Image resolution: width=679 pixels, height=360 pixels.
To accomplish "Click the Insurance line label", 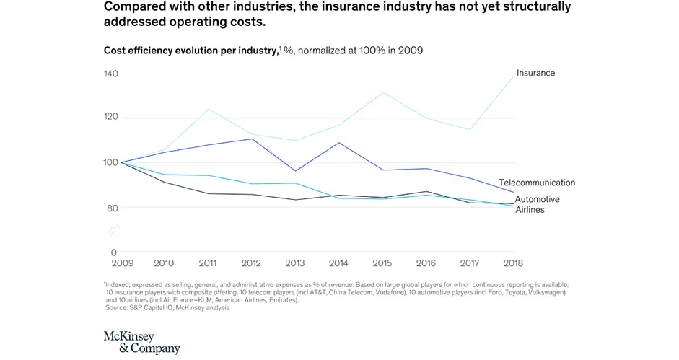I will point(535,73).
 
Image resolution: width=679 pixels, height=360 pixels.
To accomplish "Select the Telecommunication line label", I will point(537,183).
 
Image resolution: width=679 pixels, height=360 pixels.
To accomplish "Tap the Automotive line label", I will point(537,199).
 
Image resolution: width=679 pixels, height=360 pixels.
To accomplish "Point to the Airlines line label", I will point(530,209).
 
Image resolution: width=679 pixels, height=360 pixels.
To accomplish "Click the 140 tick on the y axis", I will point(110,74).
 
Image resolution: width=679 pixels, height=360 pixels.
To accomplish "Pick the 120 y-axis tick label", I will point(110,118).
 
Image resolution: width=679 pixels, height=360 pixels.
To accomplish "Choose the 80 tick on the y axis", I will point(112,208).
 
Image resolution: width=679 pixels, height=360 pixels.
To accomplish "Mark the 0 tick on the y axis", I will point(114,252).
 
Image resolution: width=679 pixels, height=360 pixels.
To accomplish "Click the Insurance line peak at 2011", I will point(209,109).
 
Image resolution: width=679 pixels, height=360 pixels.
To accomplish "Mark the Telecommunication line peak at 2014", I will point(339,142).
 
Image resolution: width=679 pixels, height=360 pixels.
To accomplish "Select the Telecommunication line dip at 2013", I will point(294,171).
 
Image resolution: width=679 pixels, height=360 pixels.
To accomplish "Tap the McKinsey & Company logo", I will point(142,342).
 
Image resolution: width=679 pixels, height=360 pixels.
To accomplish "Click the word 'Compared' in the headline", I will point(137,7).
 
